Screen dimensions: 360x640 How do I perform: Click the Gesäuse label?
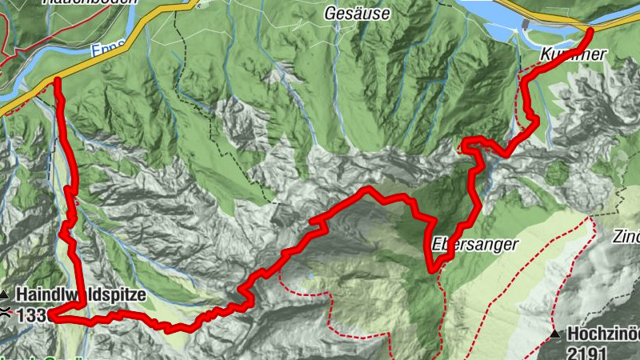(358, 13)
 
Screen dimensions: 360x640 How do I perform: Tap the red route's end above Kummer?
(590, 30)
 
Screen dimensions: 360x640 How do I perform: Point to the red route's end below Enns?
(58, 80)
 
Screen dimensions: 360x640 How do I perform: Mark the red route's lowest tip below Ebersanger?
(433, 270)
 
